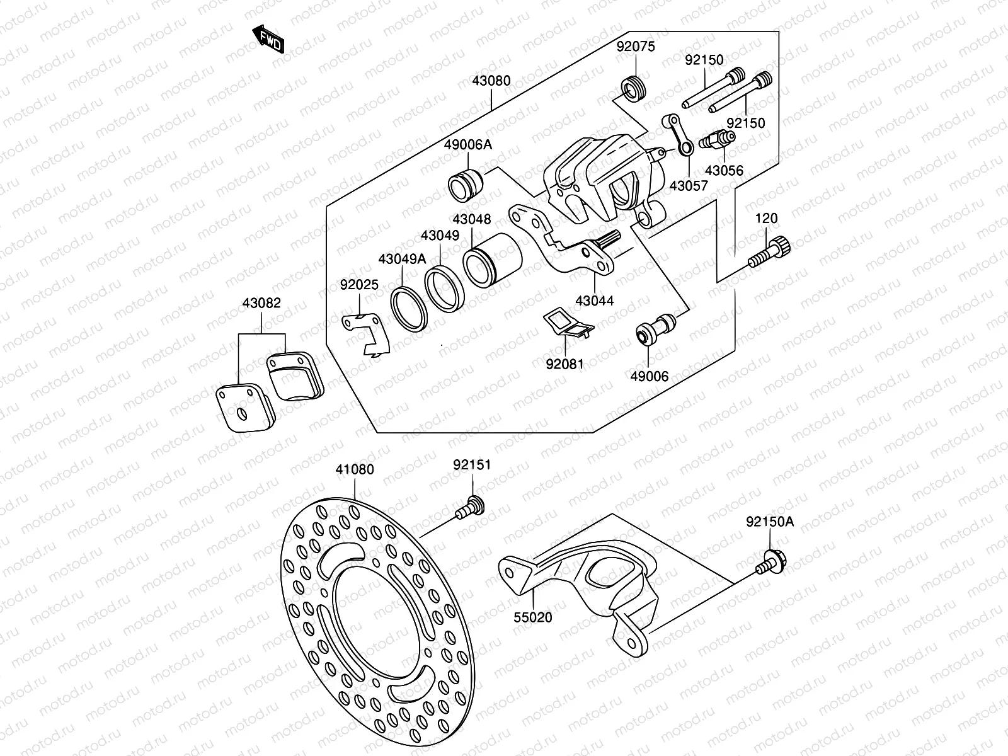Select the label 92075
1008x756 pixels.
click(636, 46)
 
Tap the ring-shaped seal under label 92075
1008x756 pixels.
click(633, 88)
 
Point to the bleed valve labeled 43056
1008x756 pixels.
click(718, 139)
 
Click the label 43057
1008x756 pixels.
click(689, 186)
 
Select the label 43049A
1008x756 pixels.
click(402, 259)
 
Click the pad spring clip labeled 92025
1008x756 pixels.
click(368, 334)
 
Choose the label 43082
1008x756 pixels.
click(261, 303)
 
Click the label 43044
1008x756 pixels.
click(594, 301)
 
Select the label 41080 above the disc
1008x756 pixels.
click(355, 469)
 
